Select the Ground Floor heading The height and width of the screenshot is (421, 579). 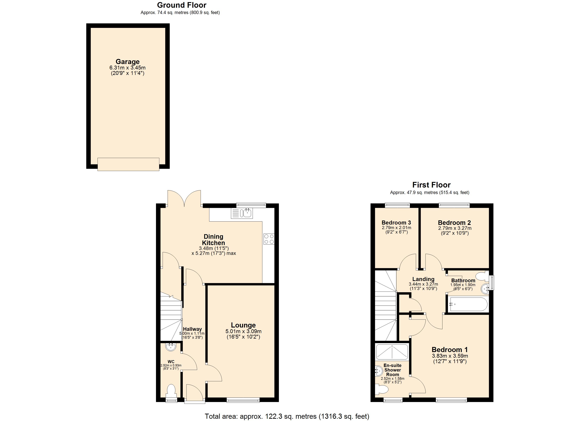pos(182,5)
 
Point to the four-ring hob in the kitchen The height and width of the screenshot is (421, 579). pos(269,239)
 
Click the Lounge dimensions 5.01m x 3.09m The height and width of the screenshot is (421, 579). pos(243,331)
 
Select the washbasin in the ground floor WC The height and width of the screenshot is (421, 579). pos(171,347)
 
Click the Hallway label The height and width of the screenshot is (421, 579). pos(192,329)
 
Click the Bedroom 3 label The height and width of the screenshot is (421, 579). pos(396,223)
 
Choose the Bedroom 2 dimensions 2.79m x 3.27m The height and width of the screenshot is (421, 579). pos(455,228)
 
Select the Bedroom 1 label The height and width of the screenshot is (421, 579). pos(450,349)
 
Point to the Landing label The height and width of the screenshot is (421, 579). pos(423,279)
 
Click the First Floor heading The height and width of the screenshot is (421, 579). pos(431,185)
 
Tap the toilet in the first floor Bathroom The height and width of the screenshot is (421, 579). pos(481,276)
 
